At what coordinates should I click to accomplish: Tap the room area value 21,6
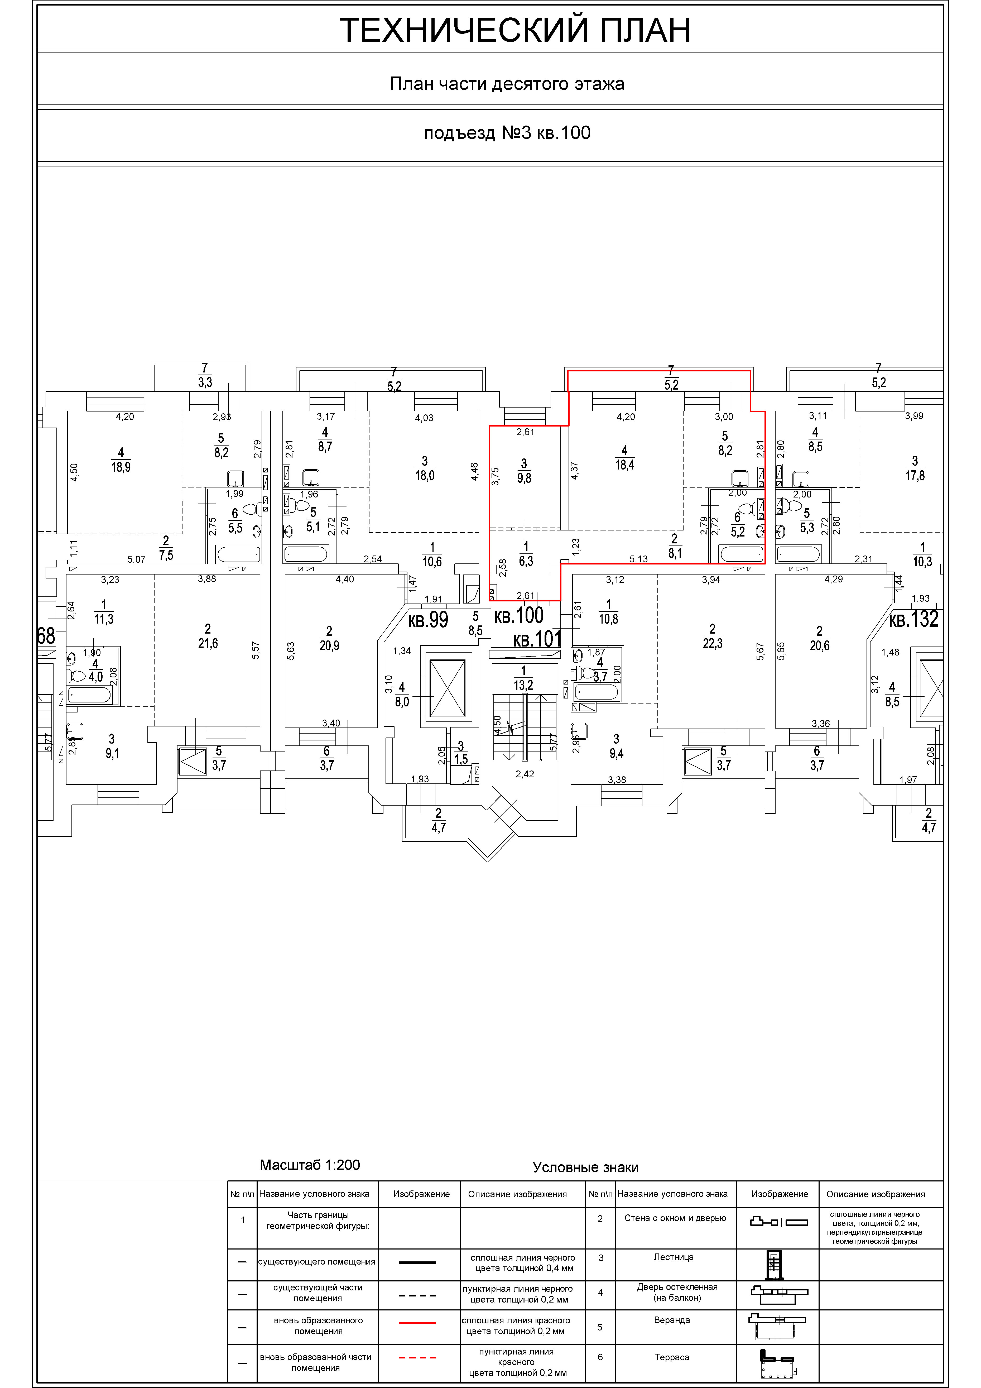point(208,643)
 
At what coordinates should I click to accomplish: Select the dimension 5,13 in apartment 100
point(638,559)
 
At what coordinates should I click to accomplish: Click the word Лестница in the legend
point(673,1257)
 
